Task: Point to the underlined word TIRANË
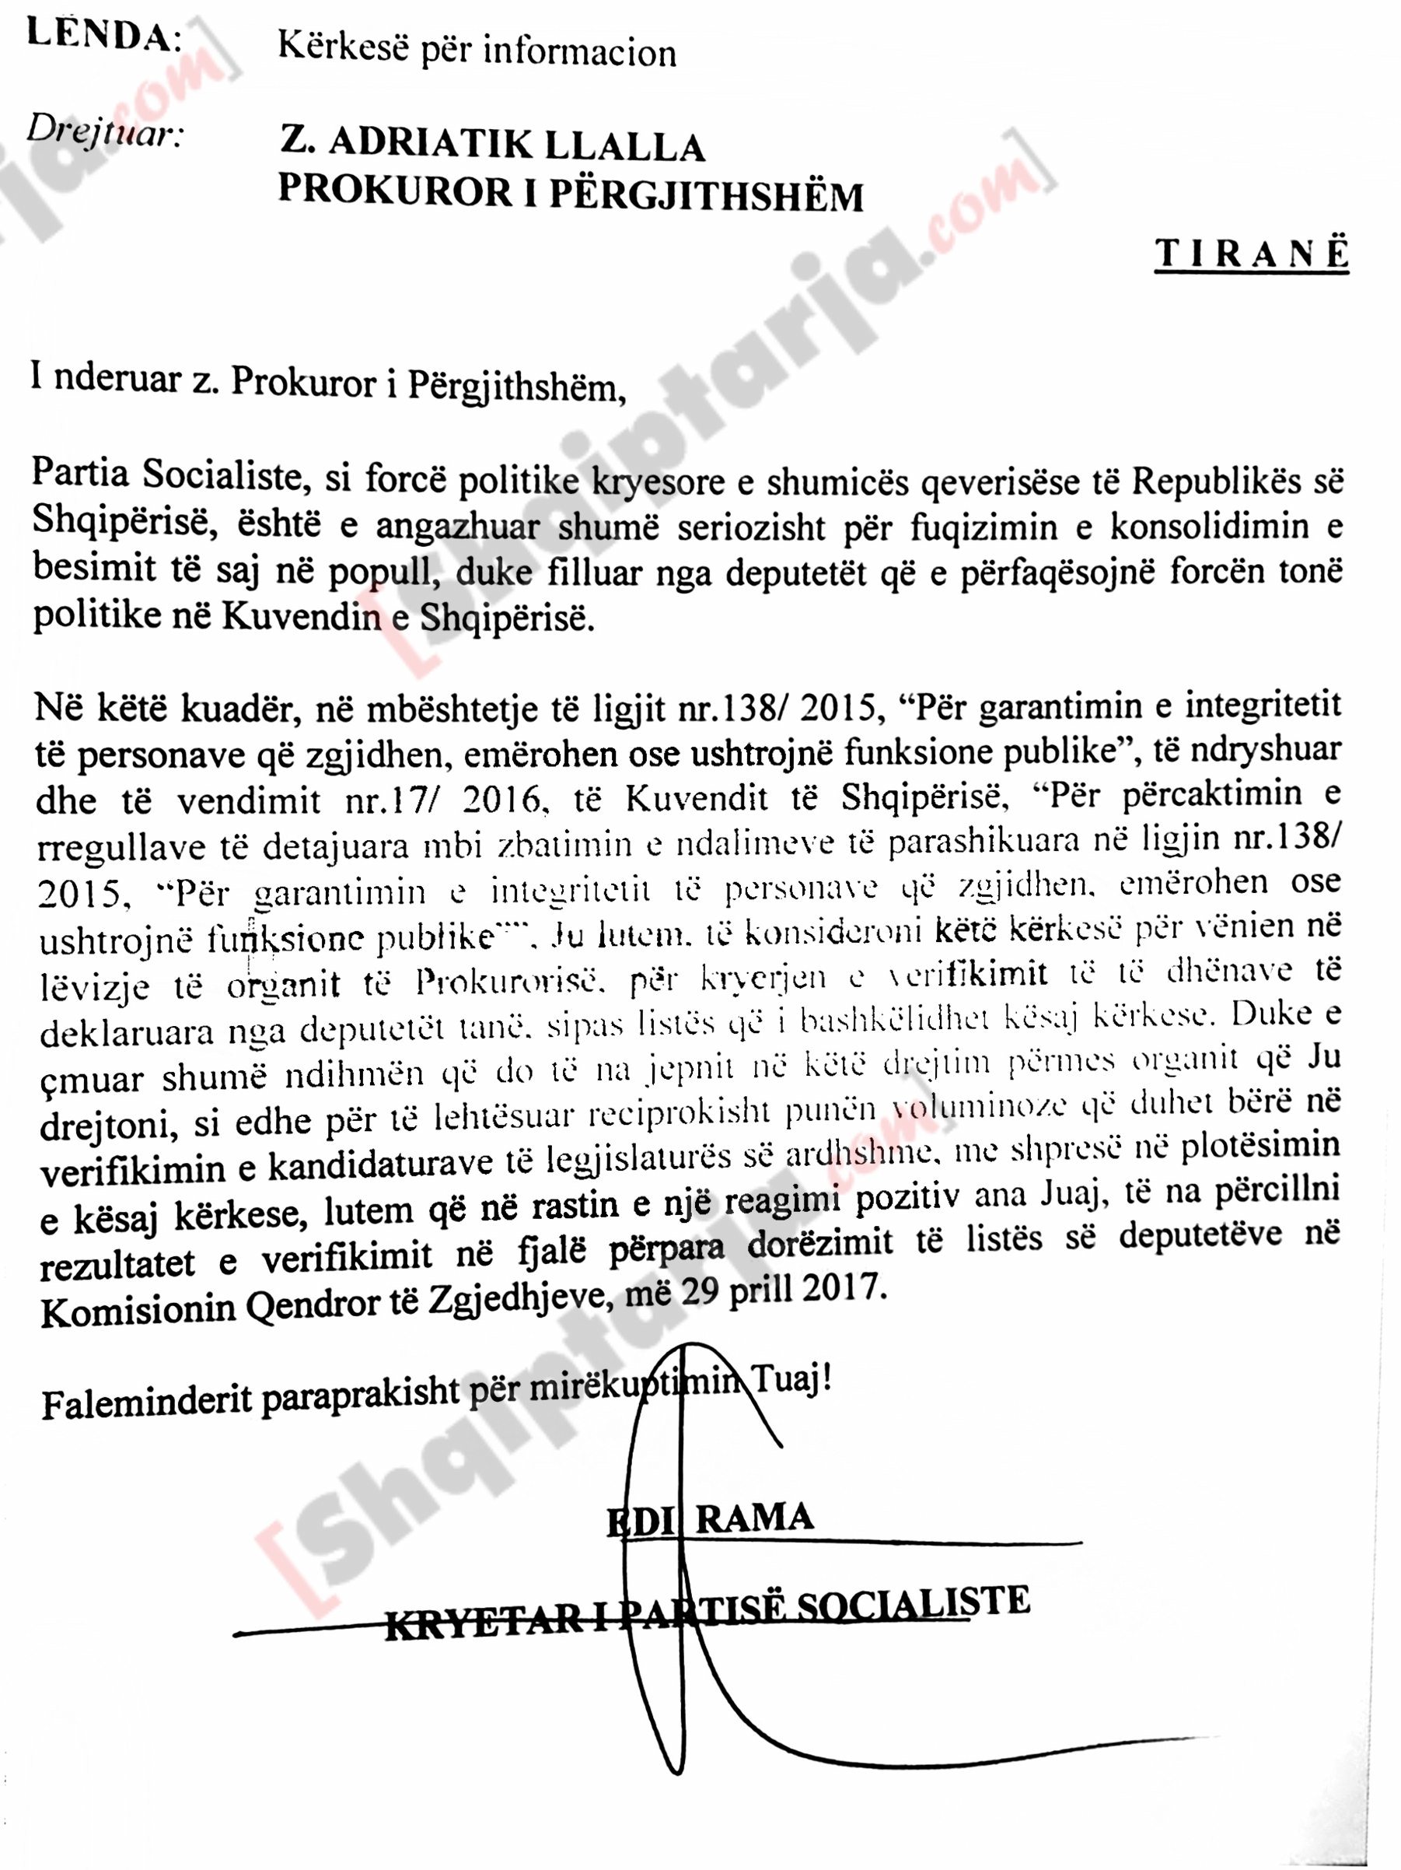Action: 1252,254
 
